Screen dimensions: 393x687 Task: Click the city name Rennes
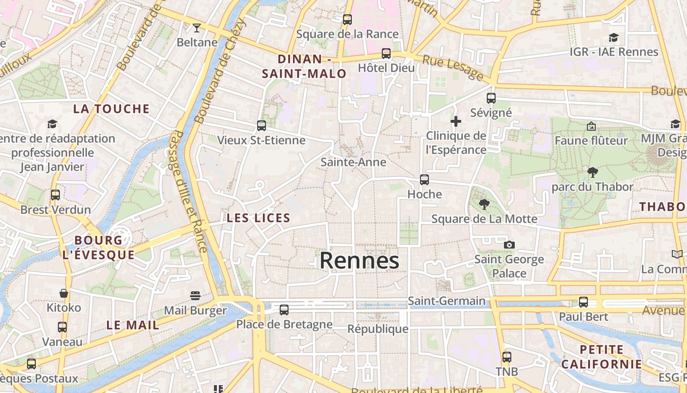click(x=359, y=261)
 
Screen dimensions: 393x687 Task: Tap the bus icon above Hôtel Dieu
click(x=386, y=54)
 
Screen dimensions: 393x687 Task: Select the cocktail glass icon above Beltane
click(x=197, y=28)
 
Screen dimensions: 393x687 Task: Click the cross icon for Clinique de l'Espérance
click(x=456, y=121)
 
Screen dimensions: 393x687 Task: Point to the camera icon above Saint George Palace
click(x=509, y=245)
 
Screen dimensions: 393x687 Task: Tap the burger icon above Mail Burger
click(x=195, y=296)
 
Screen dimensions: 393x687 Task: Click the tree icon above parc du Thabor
click(x=592, y=172)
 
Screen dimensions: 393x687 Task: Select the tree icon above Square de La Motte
click(x=484, y=204)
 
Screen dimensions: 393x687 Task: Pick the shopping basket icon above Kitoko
click(x=64, y=293)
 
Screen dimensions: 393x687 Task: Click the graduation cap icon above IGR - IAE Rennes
click(x=613, y=38)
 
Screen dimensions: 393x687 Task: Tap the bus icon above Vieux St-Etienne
click(x=262, y=126)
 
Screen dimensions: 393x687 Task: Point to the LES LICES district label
click(x=259, y=218)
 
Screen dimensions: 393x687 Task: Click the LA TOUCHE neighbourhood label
click(x=111, y=109)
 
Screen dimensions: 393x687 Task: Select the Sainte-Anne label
click(x=353, y=162)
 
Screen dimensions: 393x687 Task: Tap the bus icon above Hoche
click(x=424, y=180)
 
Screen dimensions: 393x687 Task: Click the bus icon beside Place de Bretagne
click(x=284, y=310)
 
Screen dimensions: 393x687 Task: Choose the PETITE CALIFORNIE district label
click(x=602, y=357)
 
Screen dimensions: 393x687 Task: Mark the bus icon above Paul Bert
click(x=583, y=302)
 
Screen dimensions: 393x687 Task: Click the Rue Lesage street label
click(x=453, y=67)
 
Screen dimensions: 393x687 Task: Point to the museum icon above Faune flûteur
click(x=591, y=126)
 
